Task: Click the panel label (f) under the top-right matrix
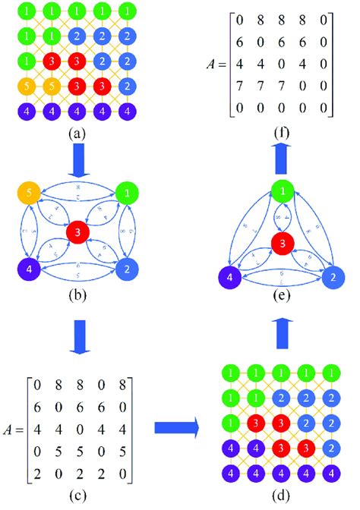[x=281, y=134]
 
